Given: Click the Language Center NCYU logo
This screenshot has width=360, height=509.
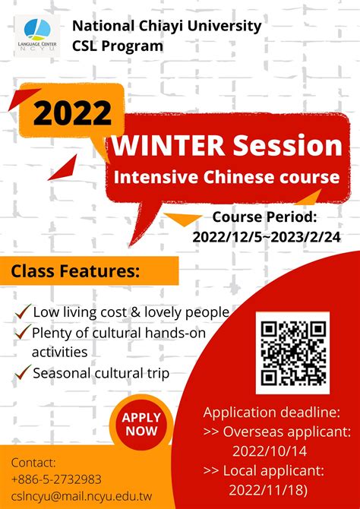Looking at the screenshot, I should tap(36, 34).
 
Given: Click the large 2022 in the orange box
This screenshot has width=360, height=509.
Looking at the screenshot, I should tap(71, 113).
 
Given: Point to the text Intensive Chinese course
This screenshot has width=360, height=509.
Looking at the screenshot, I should tap(226, 178).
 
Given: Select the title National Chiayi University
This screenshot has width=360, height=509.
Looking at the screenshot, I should tap(166, 27).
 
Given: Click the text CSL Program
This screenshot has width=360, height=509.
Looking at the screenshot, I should tap(118, 46).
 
